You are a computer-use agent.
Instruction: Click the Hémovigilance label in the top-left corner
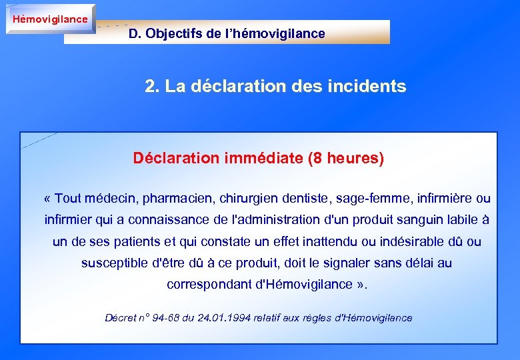pyautogui.click(x=50, y=19)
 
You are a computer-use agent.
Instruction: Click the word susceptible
pyautogui.click(x=114, y=263)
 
